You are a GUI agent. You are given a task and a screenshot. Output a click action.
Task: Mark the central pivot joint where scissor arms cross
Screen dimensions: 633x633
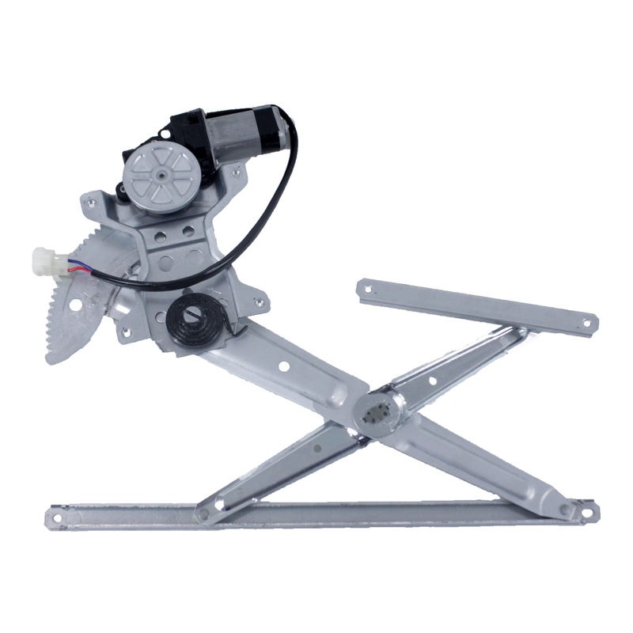[x=375, y=412]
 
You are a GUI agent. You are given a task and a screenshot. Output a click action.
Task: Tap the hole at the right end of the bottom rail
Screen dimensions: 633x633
[x=586, y=512]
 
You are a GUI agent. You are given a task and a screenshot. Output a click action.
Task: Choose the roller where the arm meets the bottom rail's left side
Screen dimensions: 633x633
[x=204, y=514]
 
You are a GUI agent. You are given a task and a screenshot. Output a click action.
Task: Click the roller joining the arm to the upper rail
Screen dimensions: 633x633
[x=518, y=333]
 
